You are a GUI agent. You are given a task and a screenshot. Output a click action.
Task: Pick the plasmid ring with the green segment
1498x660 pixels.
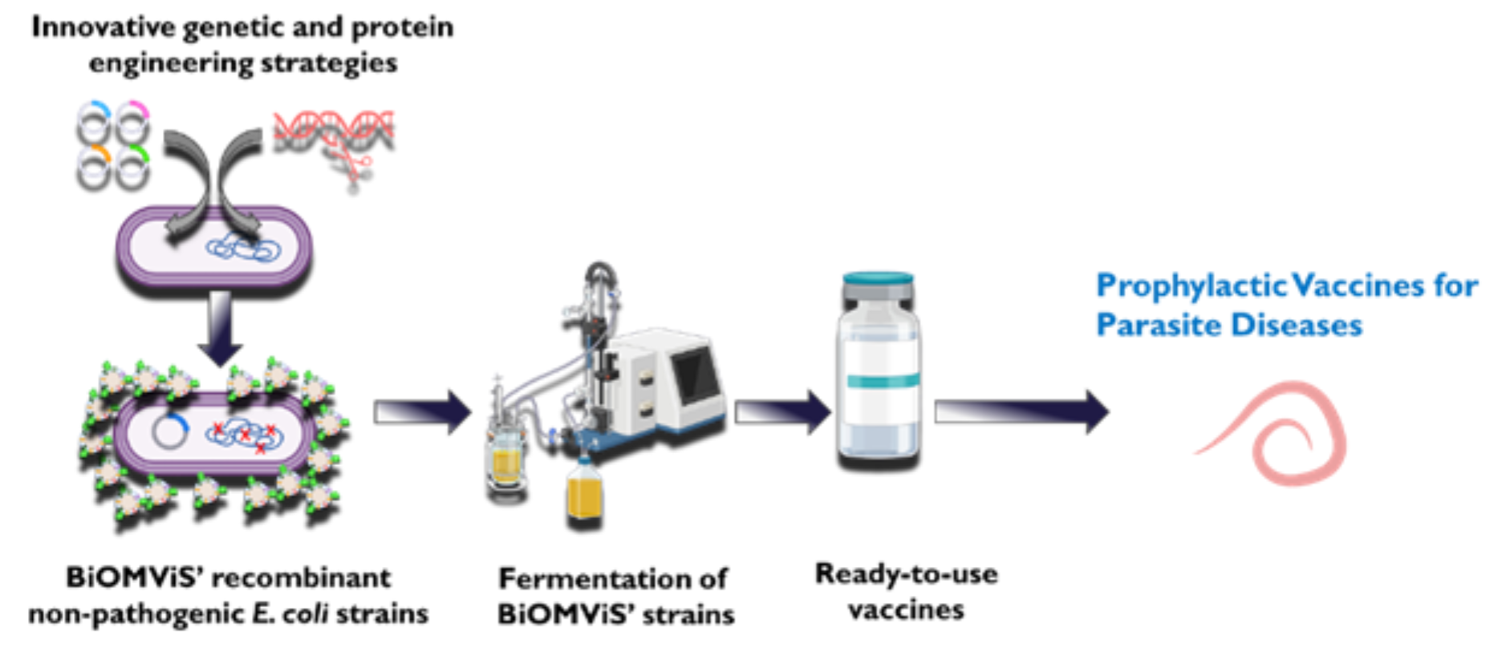pos(132,167)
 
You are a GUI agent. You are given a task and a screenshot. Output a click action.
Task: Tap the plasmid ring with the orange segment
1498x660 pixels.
pos(93,167)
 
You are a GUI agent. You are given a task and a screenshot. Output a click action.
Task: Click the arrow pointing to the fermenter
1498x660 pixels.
pos(422,412)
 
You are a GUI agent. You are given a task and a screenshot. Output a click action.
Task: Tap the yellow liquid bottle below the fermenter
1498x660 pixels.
pos(584,491)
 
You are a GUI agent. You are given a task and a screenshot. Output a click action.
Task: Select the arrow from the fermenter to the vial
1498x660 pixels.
pos(781,412)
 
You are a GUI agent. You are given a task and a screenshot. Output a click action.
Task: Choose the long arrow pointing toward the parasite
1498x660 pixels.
pos(1021,412)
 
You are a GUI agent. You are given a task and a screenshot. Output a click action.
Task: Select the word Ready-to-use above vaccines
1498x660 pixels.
pos(906,574)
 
